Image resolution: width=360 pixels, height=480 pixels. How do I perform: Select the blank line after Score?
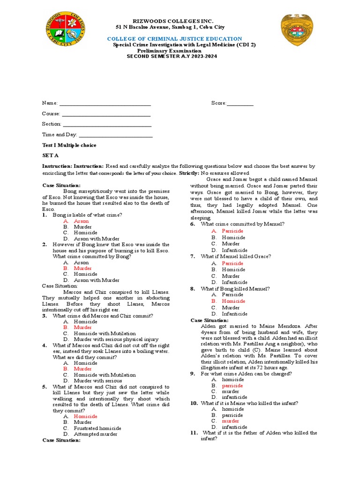240,103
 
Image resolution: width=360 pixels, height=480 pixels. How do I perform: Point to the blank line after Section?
107,124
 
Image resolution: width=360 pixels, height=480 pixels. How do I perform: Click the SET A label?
51,155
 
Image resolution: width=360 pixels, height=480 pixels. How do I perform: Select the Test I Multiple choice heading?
69,145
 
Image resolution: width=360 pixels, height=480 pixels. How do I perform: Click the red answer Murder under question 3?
83,328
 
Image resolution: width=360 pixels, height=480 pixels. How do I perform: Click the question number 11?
194,433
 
